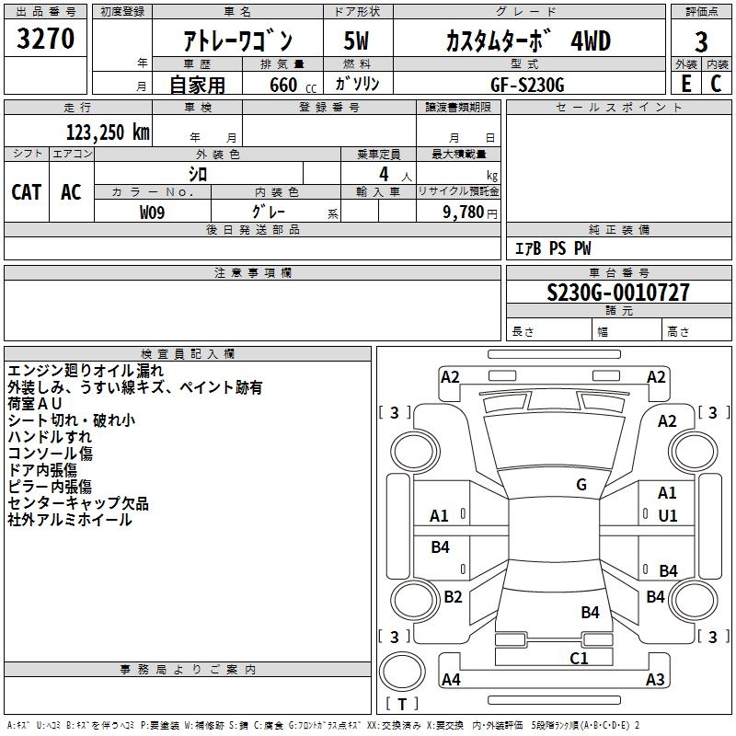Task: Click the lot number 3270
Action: click(x=45, y=39)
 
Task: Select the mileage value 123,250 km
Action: click(x=108, y=132)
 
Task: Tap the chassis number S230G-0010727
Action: click(x=618, y=293)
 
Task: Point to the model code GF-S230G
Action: click(x=527, y=85)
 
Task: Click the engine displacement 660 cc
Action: click(x=293, y=86)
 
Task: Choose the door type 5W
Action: click(x=356, y=40)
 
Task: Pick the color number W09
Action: click(x=152, y=213)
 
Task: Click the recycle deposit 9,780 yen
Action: click(x=470, y=213)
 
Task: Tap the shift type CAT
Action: click(x=27, y=192)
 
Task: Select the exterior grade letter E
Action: click(x=686, y=84)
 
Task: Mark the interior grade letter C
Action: click(x=716, y=84)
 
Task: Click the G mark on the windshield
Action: click(x=581, y=485)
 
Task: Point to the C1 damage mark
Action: click(x=579, y=659)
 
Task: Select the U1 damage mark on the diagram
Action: click(x=668, y=516)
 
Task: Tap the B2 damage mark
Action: click(x=453, y=596)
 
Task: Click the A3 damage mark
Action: click(x=655, y=679)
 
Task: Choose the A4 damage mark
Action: click(x=451, y=679)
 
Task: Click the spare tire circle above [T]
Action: click(x=402, y=672)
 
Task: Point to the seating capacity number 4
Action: click(x=384, y=174)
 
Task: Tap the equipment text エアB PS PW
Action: click(x=553, y=248)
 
